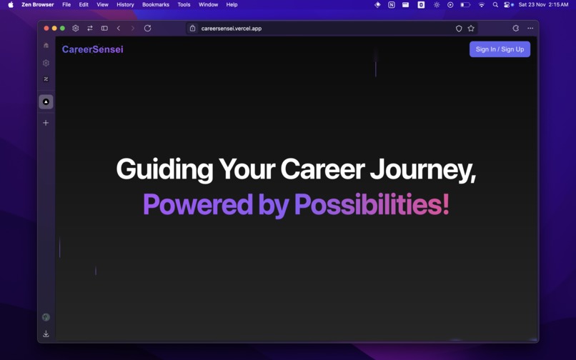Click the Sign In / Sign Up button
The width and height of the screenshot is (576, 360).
click(500, 49)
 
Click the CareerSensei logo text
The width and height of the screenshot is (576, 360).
click(92, 49)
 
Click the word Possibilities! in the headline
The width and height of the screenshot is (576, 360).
click(372, 205)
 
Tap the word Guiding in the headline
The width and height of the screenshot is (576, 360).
click(164, 170)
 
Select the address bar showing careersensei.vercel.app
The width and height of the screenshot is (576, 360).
click(232, 29)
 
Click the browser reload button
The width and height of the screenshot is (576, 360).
click(147, 29)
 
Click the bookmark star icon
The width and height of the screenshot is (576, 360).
click(471, 29)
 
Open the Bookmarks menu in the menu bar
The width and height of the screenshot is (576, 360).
click(155, 5)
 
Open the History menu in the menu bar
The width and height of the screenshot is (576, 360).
click(125, 5)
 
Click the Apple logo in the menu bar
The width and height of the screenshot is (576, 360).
click(11, 5)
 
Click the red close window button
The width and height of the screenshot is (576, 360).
click(46, 29)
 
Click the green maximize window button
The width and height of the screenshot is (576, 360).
click(62, 29)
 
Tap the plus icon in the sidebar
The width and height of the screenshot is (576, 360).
click(46, 123)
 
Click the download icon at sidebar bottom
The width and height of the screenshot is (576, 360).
click(46, 334)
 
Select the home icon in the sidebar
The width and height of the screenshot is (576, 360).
click(46, 46)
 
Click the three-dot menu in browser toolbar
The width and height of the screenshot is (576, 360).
click(530, 29)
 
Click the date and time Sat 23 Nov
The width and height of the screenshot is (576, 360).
click(543, 5)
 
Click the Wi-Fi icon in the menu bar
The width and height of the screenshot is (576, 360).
click(481, 5)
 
